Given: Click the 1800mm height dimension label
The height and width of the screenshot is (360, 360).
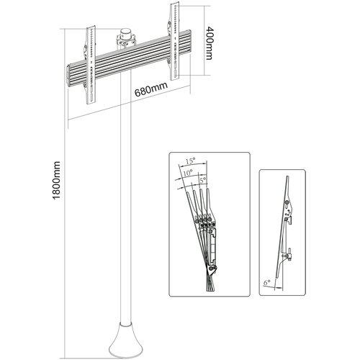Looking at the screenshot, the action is pyautogui.click(x=56, y=180).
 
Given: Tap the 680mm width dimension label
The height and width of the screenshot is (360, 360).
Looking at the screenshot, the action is pyautogui.click(x=151, y=89).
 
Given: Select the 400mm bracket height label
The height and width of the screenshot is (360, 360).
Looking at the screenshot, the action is pyautogui.click(x=209, y=43).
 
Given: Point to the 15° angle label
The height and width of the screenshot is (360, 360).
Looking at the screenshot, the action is pyautogui.click(x=190, y=161).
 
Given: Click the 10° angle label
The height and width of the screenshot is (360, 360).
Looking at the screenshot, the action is pyautogui.click(x=188, y=173).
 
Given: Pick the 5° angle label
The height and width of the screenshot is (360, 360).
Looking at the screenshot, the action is pyautogui.click(x=203, y=179).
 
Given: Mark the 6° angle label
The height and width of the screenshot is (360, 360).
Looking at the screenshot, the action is pyautogui.click(x=267, y=283).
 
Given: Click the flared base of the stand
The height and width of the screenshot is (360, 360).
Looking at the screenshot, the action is pyautogui.click(x=125, y=343).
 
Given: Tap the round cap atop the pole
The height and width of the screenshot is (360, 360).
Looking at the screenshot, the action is pyautogui.click(x=125, y=32).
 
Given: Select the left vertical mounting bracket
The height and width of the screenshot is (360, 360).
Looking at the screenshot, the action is pyautogui.click(x=91, y=65).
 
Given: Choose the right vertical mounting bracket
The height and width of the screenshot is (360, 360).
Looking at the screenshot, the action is pyautogui.click(x=174, y=41).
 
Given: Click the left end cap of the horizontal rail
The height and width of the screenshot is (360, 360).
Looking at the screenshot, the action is pyautogui.click(x=68, y=75).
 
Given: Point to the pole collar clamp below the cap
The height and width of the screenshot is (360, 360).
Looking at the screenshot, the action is pyautogui.click(x=126, y=41).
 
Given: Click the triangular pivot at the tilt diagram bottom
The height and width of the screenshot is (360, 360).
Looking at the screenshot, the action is pyautogui.click(x=212, y=270).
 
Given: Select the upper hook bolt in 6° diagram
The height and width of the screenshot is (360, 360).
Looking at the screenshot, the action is pyautogui.click(x=287, y=204).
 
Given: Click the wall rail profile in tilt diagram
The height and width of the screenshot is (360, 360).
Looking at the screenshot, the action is pyautogui.click(x=213, y=246).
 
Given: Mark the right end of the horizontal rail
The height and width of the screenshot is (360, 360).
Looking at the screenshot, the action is pyautogui.click(x=189, y=41).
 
